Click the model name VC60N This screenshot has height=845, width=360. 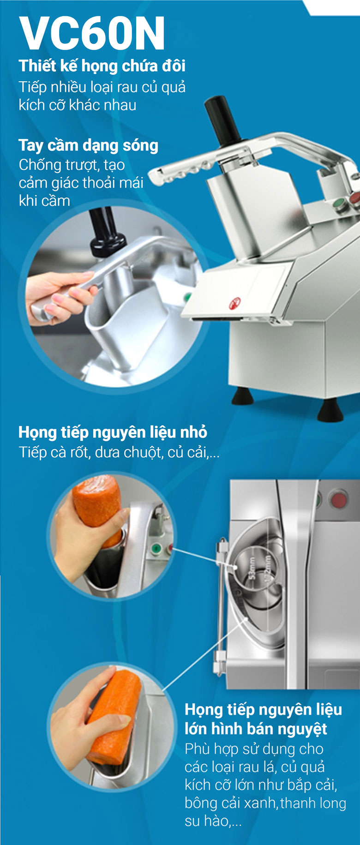(92, 33)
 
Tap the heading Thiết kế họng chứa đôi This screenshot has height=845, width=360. (102, 66)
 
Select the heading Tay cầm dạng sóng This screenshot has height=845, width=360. (88, 145)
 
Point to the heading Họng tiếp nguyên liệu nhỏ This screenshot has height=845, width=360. (113, 432)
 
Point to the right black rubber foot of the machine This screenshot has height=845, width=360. (330, 410)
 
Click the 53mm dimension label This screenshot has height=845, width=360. (252, 569)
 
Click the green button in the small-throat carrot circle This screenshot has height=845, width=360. (156, 549)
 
